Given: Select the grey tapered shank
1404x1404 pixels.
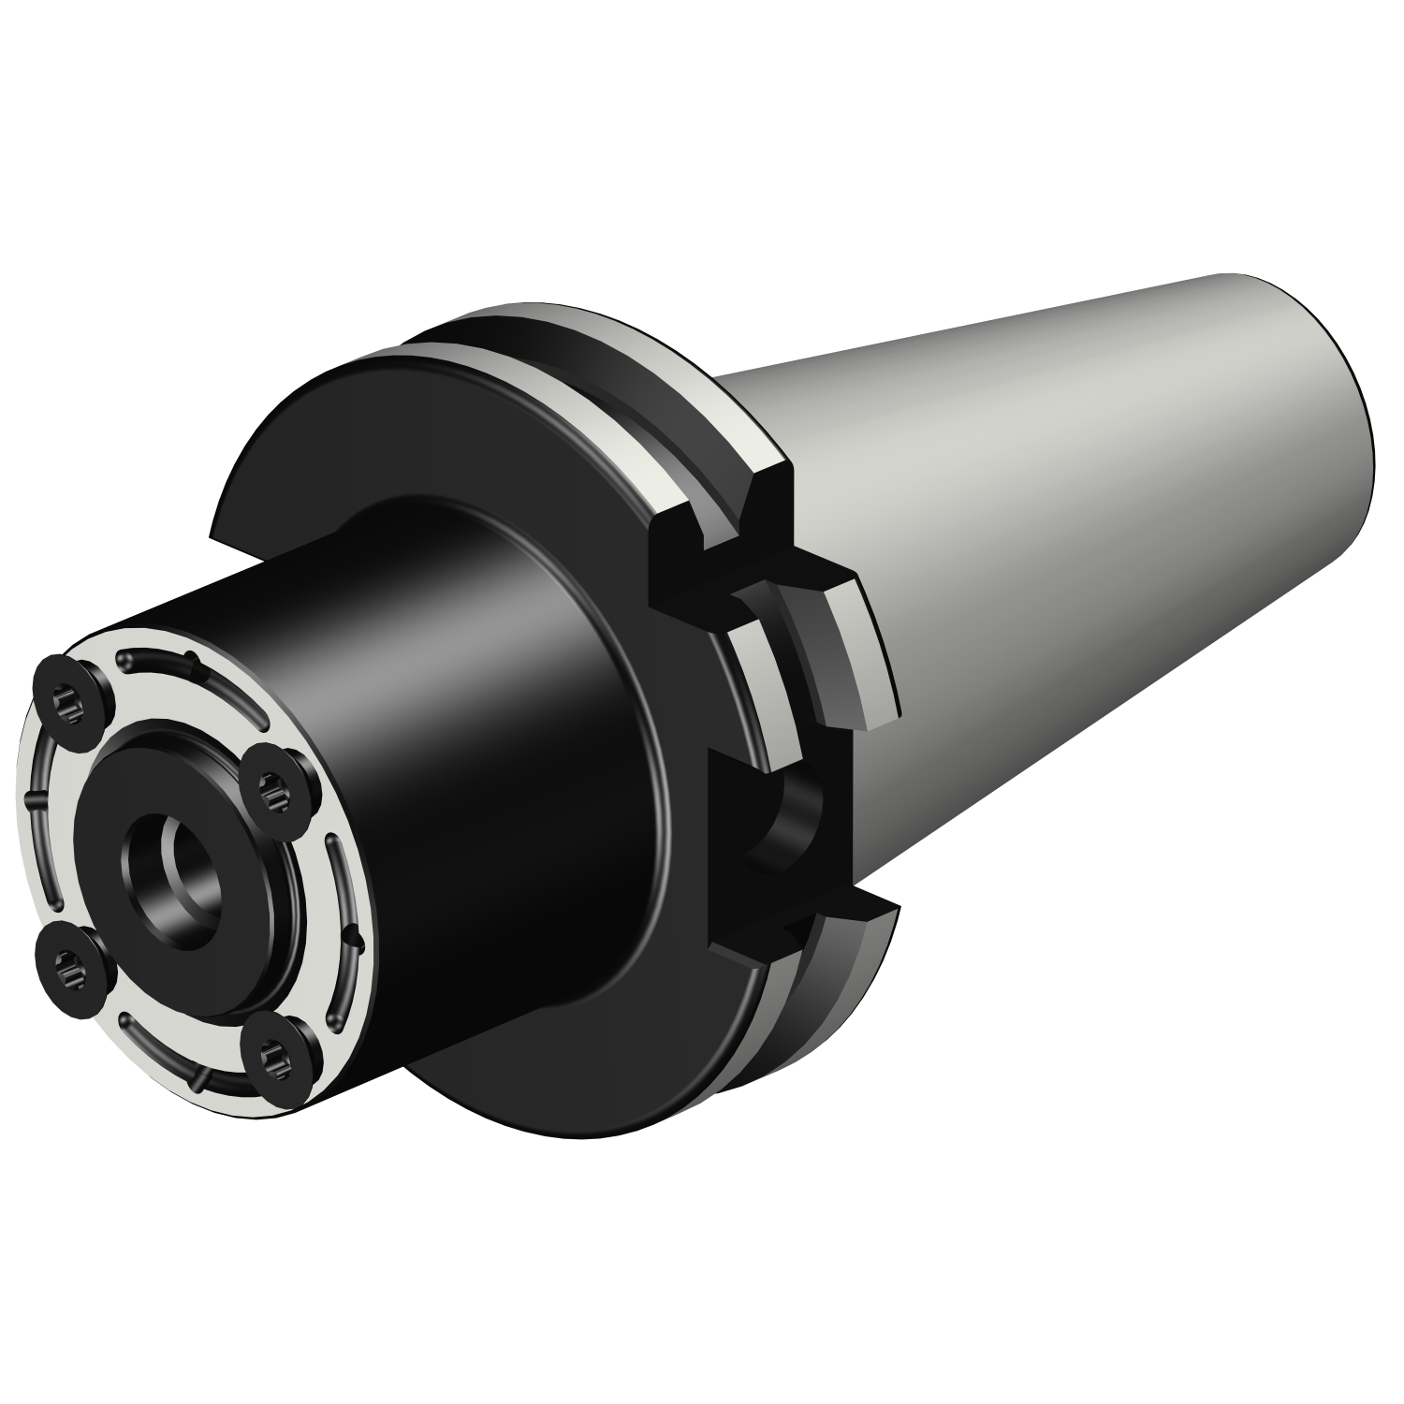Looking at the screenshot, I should (x=1076, y=562).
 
